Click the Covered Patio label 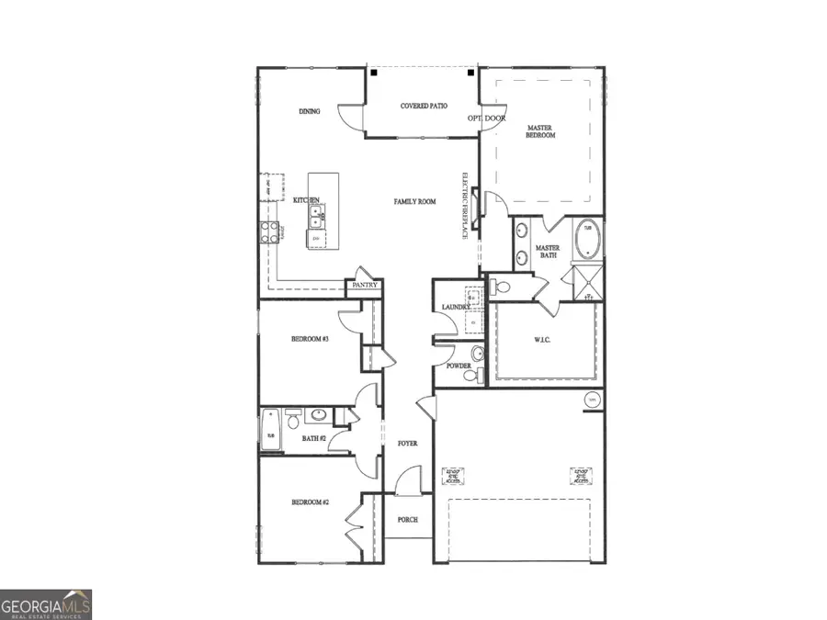point(424,107)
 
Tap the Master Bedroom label point(540,131)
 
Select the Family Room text point(414,202)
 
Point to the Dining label point(309,112)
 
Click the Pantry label point(365,287)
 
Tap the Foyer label point(407,444)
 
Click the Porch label point(407,520)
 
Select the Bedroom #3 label point(310,340)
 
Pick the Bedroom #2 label point(310,502)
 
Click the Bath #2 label point(314,439)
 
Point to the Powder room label point(459,366)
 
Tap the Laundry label point(455,308)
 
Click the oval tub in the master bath point(586,241)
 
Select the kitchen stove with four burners point(270,232)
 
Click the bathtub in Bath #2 point(272,429)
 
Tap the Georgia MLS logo point(46,603)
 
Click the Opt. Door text point(486,118)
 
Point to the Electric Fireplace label point(466,206)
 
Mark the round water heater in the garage point(593,400)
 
